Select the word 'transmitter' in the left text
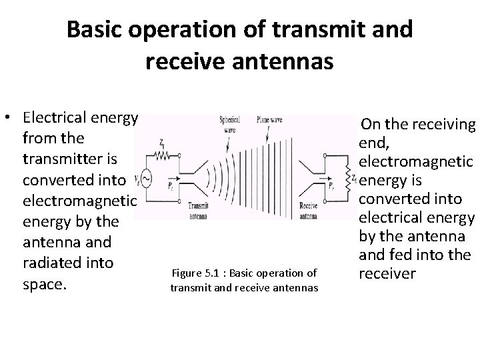tap(59, 159)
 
